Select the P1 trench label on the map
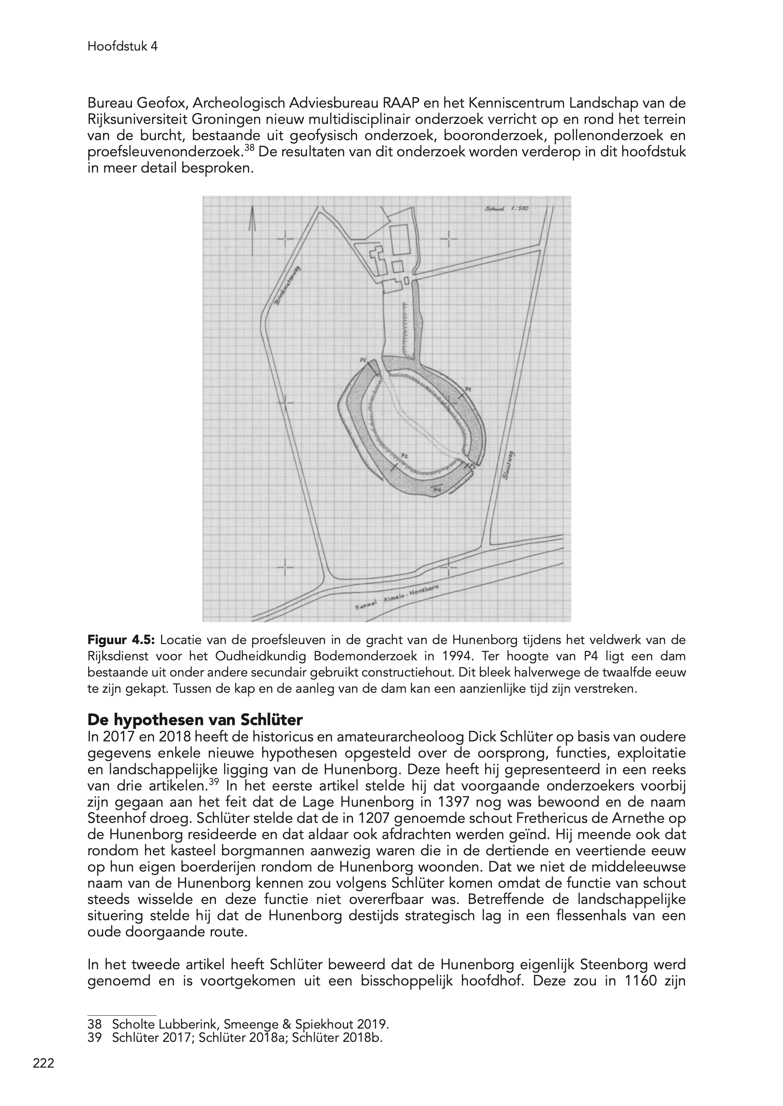(x=363, y=360)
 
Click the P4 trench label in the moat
(x=436, y=490)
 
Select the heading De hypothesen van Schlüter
(x=195, y=720)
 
